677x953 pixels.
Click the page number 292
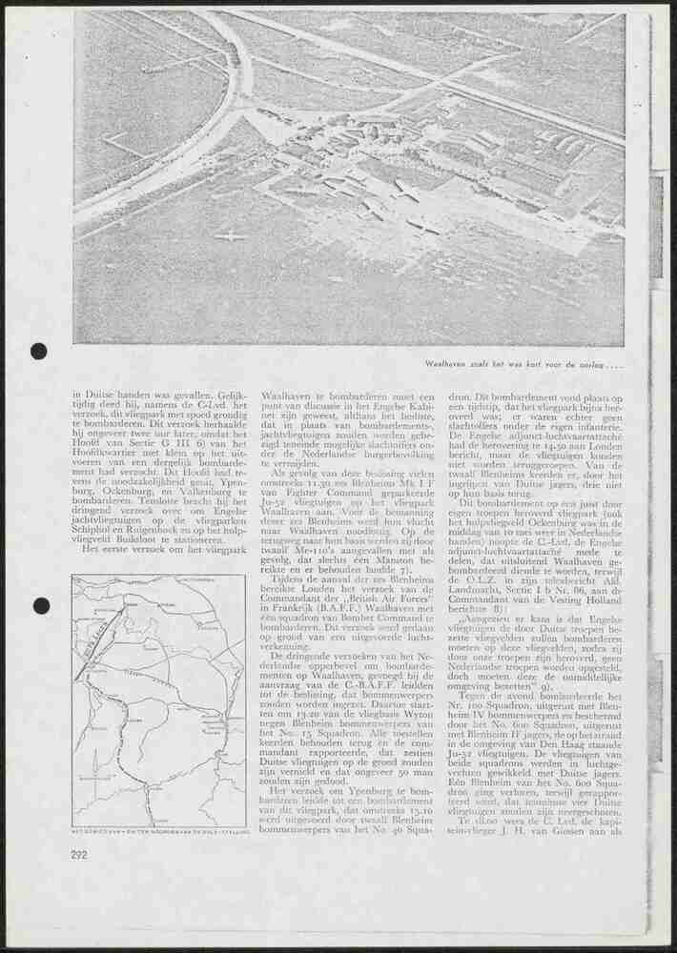(x=80, y=855)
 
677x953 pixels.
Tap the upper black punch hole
(x=38, y=351)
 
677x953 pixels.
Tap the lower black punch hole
(x=40, y=605)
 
